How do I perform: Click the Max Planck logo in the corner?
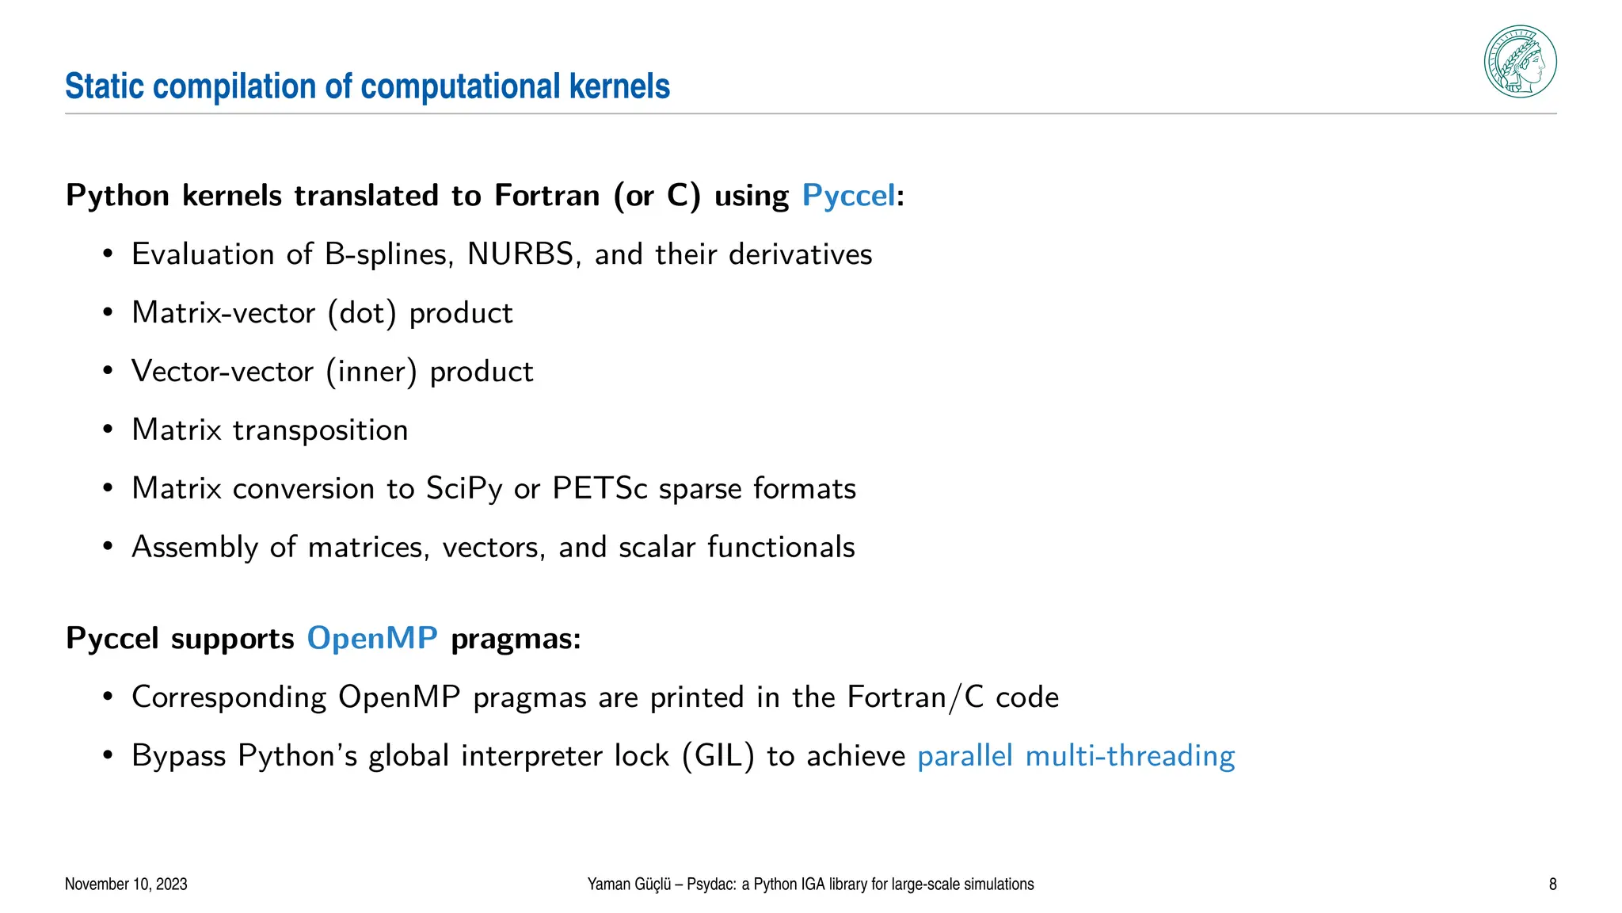coord(1520,62)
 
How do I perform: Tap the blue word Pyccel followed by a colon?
coord(848,195)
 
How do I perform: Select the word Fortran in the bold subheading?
coord(546,195)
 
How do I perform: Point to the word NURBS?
coord(520,254)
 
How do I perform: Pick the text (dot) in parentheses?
coord(362,313)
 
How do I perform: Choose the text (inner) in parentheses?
coord(371,372)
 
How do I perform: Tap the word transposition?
coord(321,430)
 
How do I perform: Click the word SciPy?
coord(464,488)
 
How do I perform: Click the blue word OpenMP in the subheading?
coord(372,638)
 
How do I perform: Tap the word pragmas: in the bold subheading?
coord(516,639)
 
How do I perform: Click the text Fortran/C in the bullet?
coord(916,697)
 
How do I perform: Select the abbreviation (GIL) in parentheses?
coord(718,756)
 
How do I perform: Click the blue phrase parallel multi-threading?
coord(1076,756)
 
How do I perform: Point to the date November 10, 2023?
coord(126,884)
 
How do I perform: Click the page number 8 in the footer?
coord(1552,884)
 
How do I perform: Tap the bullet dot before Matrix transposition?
coord(108,430)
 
